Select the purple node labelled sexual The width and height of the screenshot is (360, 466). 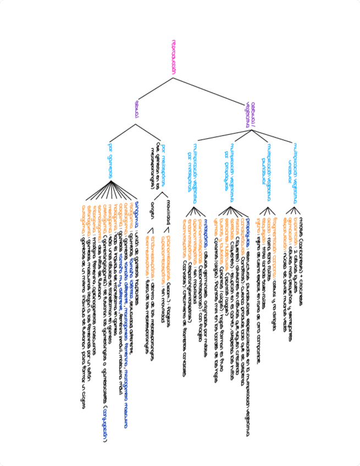(136, 108)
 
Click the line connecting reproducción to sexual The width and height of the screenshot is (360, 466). (154, 89)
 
